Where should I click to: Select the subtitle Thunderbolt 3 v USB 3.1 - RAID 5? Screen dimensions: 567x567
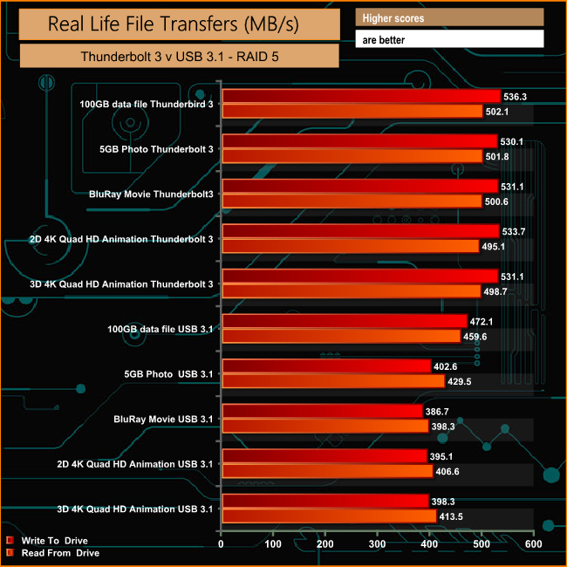[x=179, y=56]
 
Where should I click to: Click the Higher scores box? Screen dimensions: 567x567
[x=449, y=17]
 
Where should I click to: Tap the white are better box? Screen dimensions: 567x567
[x=449, y=39]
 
